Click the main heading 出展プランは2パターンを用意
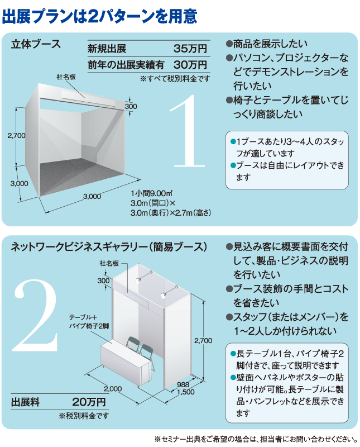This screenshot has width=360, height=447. point(99,16)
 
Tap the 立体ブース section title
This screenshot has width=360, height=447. point(36,44)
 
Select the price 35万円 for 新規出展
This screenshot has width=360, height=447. point(190,49)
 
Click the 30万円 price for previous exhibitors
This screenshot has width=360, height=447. point(190,65)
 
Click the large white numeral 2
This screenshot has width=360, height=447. point(35,315)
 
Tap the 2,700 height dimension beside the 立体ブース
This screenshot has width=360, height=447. point(17,135)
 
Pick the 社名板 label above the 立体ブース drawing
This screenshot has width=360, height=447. point(66,77)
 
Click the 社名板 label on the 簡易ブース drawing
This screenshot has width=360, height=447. point(109,263)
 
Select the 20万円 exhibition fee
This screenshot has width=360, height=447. point(89,402)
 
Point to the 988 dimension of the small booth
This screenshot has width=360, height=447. point(183,384)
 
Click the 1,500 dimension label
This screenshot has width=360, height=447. point(186,392)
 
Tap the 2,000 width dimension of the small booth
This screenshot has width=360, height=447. point(113,388)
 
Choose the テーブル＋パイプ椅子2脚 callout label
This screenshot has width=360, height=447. point(89,322)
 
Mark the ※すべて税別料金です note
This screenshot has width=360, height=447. point(175,78)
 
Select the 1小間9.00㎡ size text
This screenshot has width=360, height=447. point(151,193)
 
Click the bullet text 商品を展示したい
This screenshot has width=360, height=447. point(267,44)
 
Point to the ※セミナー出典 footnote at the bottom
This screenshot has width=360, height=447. point(256,439)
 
